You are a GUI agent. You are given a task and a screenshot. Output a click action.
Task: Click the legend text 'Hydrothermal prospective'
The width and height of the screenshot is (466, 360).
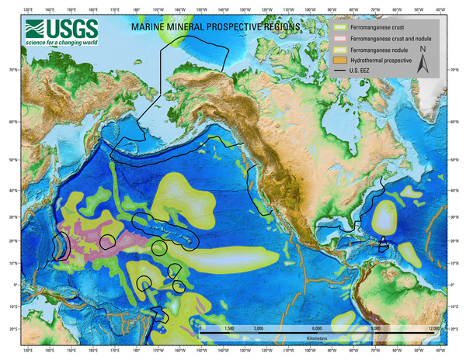click(382, 60)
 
